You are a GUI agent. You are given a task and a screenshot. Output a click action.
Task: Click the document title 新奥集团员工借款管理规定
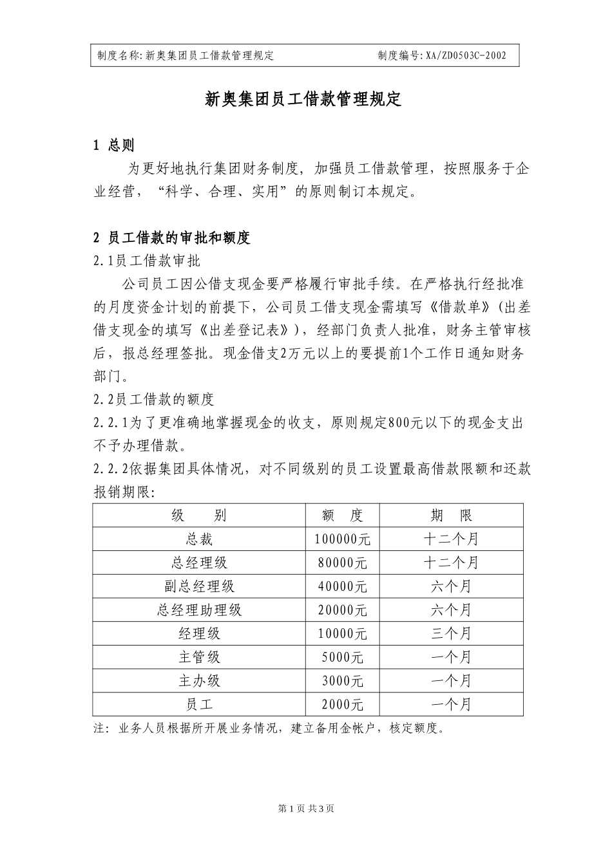(x=303, y=100)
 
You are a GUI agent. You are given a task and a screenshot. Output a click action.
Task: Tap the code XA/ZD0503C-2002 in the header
(x=465, y=56)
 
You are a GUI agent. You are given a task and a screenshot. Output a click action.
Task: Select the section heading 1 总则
(x=114, y=145)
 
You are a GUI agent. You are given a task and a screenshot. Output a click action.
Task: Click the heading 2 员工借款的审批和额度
(x=171, y=238)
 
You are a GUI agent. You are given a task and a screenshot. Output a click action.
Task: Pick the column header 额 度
(x=342, y=516)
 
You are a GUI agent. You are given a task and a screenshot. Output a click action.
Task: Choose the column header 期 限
(x=451, y=516)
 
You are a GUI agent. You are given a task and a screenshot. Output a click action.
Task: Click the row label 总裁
(x=198, y=539)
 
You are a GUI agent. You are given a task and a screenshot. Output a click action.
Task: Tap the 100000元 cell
(x=342, y=539)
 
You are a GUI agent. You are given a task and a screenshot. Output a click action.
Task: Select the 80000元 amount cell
(x=342, y=563)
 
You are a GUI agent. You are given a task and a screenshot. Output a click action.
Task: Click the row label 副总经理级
(x=198, y=586)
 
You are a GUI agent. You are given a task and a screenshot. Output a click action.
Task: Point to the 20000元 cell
(x=342, y=610)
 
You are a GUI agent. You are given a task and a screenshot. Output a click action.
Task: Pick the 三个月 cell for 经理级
(x=451, y=633)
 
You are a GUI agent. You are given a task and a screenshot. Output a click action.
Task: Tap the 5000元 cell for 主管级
(x=342, y=657)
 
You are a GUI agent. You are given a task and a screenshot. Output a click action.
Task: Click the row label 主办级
(x=198, y=681)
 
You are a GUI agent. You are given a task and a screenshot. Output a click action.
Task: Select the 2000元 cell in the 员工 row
(x=342, y=705)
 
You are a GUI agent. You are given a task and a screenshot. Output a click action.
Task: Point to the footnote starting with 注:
(x=269, y=729)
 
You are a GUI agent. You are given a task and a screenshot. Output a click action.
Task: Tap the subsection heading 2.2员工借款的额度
(x=153, y=400)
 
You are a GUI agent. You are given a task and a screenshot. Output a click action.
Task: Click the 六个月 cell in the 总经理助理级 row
(x=451, y=610)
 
